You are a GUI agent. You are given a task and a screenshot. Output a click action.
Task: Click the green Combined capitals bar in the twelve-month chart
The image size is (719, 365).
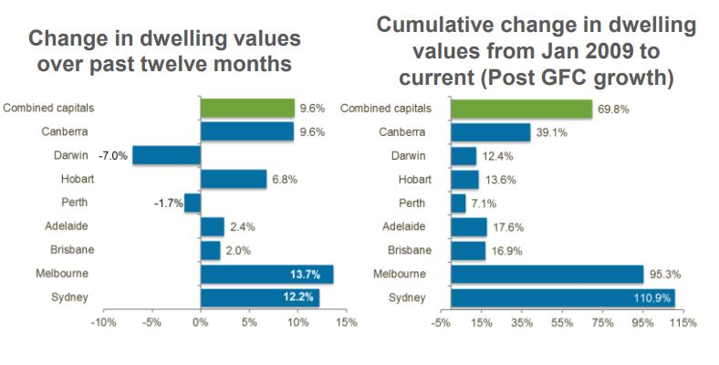247,108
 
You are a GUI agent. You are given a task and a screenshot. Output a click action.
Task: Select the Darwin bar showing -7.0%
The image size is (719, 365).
166,155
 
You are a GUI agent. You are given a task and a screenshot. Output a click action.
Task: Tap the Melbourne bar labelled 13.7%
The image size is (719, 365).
266,275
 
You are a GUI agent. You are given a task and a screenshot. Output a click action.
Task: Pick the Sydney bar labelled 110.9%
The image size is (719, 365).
562,298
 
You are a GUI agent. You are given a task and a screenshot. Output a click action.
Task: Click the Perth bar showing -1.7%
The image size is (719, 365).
192,203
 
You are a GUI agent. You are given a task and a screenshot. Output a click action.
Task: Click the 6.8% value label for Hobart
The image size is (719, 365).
281,179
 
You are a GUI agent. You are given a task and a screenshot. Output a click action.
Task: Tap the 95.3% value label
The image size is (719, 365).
662,275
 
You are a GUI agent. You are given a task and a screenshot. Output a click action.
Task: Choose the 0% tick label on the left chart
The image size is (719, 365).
201,323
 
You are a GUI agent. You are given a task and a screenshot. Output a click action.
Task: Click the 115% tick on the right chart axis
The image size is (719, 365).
683,323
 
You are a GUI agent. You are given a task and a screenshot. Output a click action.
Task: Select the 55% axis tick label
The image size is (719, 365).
562,323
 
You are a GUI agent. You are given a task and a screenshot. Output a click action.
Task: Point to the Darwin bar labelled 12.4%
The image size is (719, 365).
464,156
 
